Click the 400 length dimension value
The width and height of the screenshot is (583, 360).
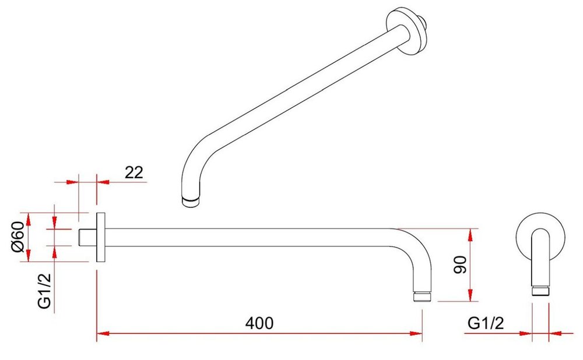pyautogui.click(x=259, y=323)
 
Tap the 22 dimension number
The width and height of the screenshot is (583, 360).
pyautogui.click(x=134, y=172)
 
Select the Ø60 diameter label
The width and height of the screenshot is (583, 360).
pyautogui.click(x=17, y=237)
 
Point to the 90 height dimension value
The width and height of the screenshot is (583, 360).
pyautogui.click(x=461, y=264)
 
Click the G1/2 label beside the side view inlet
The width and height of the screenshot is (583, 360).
pyautogui.click(x=44, y=290)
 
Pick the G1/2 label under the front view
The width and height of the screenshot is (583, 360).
pyautogui.click(x=486, y=323)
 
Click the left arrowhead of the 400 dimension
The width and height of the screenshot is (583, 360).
pyautogui.click(x=103, y=333)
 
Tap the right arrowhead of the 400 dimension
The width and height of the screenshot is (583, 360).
pyautogui.click(x=416, y=333)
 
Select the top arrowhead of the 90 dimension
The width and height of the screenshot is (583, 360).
pyautogui.click(x=470, y=235)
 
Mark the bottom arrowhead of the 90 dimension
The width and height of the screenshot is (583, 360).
pyautogui.click(x=470, y=295)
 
